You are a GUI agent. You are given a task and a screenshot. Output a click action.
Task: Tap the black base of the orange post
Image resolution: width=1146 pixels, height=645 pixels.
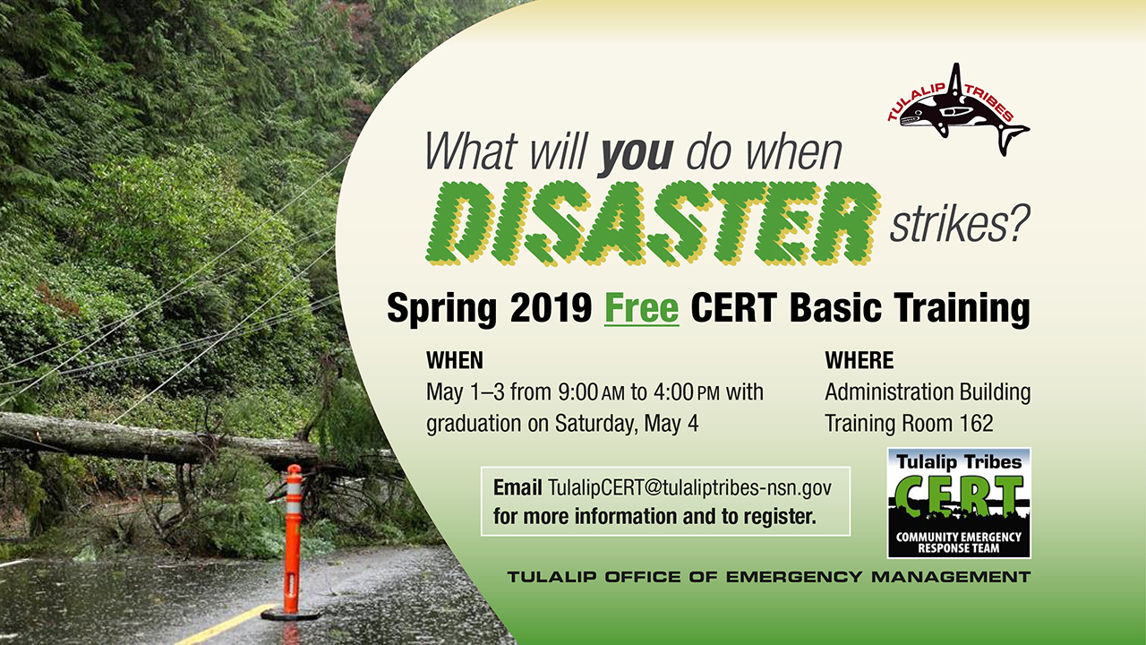pos(291,614)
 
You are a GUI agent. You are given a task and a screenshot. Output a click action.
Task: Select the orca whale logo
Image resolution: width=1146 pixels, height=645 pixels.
pos(959,110)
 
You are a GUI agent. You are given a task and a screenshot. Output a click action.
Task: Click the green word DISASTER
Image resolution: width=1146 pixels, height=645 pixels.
pos(654,223)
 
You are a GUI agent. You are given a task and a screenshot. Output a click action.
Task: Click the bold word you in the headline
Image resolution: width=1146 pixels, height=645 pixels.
pos(637,152)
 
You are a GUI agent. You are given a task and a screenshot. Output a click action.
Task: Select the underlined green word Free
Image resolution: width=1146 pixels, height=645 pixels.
pos(642,308)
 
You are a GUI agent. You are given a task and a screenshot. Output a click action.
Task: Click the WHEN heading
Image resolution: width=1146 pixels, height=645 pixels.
pos(454,360)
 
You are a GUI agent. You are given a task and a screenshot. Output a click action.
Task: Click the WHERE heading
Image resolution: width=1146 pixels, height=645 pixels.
pos(859,360)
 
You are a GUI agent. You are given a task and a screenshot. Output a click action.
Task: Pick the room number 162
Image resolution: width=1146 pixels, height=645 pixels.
pos(976,424)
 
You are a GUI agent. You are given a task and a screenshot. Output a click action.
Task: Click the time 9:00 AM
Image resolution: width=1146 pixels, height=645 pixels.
pos(592,392)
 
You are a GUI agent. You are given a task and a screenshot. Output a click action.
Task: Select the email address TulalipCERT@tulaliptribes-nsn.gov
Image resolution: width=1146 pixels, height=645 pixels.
pos(689,488)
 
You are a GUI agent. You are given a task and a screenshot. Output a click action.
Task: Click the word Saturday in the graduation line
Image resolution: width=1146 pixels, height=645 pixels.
pos(596,425)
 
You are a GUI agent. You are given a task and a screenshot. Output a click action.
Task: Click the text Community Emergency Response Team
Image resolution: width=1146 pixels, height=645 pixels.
pos(958,543)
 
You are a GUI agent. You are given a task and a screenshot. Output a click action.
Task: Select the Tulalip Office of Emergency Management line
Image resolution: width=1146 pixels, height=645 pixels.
pos(768,577)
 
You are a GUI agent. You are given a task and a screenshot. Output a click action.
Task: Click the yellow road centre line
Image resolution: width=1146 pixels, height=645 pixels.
pos(225,624)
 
